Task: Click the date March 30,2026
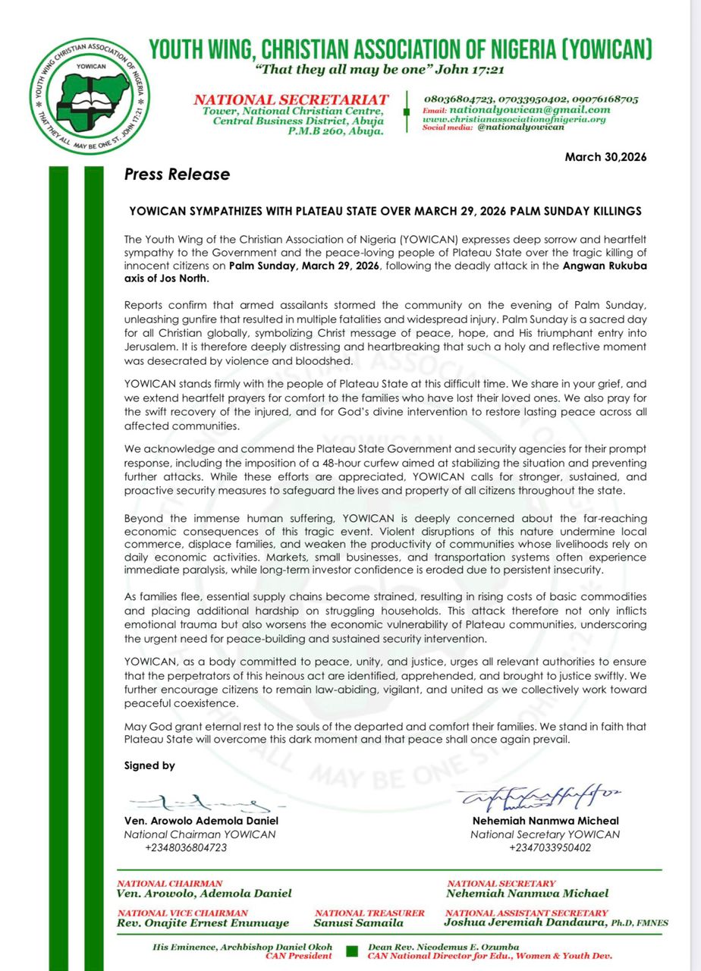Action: coord(605,157)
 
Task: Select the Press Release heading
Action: coord(177,174)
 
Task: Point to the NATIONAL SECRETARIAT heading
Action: coord(291,99)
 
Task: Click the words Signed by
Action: coord(149,765)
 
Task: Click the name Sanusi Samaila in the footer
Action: coord(358,924)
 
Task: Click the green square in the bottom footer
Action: coord(351,951)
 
